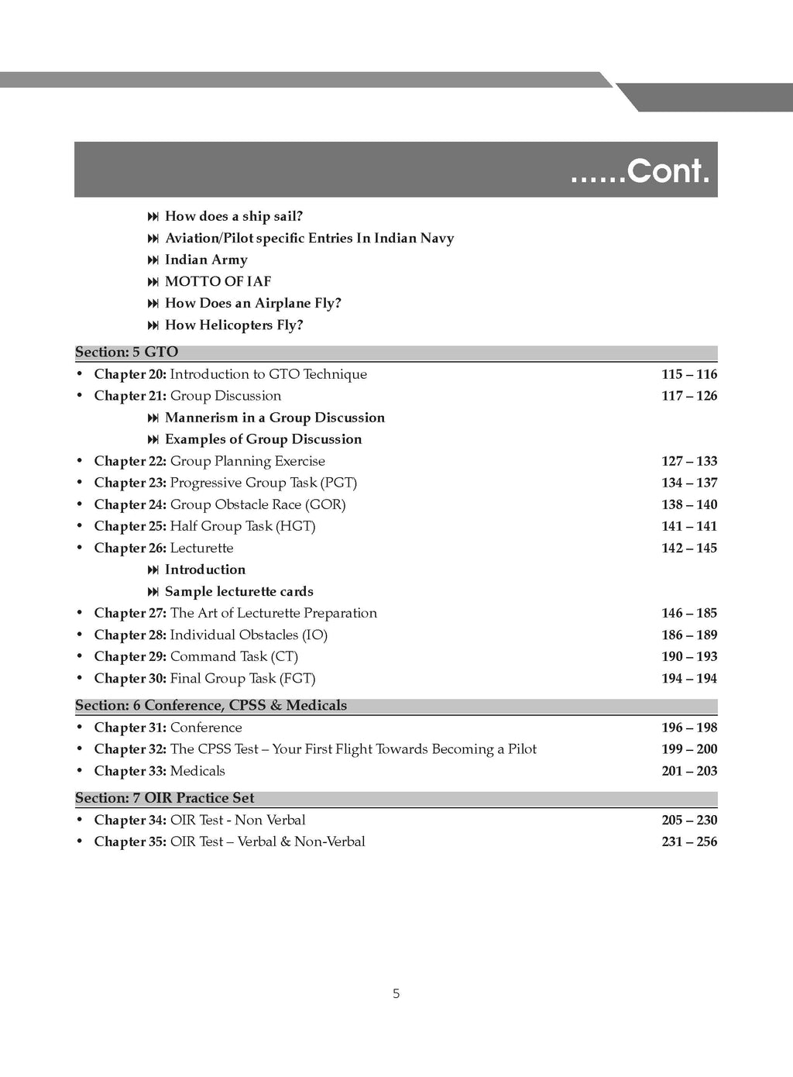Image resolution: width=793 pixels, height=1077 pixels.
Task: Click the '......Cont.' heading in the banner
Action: [640, 170]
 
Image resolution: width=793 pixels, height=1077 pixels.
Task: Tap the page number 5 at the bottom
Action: [396, 993]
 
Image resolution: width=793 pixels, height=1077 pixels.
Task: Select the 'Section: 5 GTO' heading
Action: [126, 352]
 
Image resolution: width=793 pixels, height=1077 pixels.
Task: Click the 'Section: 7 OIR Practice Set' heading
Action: [164, 798]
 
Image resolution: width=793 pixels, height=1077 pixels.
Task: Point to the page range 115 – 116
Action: [689, 374]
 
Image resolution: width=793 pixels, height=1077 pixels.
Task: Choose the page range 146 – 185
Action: [689, 613]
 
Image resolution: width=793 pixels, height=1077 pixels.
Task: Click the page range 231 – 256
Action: [689, 841]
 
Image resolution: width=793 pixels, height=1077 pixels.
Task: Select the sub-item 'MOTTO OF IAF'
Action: [218, 281]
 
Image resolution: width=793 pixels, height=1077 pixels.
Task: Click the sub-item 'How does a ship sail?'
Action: [233, 216]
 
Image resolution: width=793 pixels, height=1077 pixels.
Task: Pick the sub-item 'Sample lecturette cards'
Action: [239, 591]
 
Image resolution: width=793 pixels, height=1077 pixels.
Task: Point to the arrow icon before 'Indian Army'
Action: [153, 260]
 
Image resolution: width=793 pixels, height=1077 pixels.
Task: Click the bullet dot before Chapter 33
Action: [80, 771]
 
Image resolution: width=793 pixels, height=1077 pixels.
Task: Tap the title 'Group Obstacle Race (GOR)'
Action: [258, 504]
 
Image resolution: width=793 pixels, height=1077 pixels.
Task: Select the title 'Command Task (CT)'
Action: [234, 656]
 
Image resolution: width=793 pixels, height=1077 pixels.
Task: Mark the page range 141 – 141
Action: [689, 526]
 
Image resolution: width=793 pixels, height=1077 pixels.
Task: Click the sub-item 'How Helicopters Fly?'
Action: [234, 325]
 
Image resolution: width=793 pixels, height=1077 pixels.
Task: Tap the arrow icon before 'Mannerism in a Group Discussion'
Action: [153, 418]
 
